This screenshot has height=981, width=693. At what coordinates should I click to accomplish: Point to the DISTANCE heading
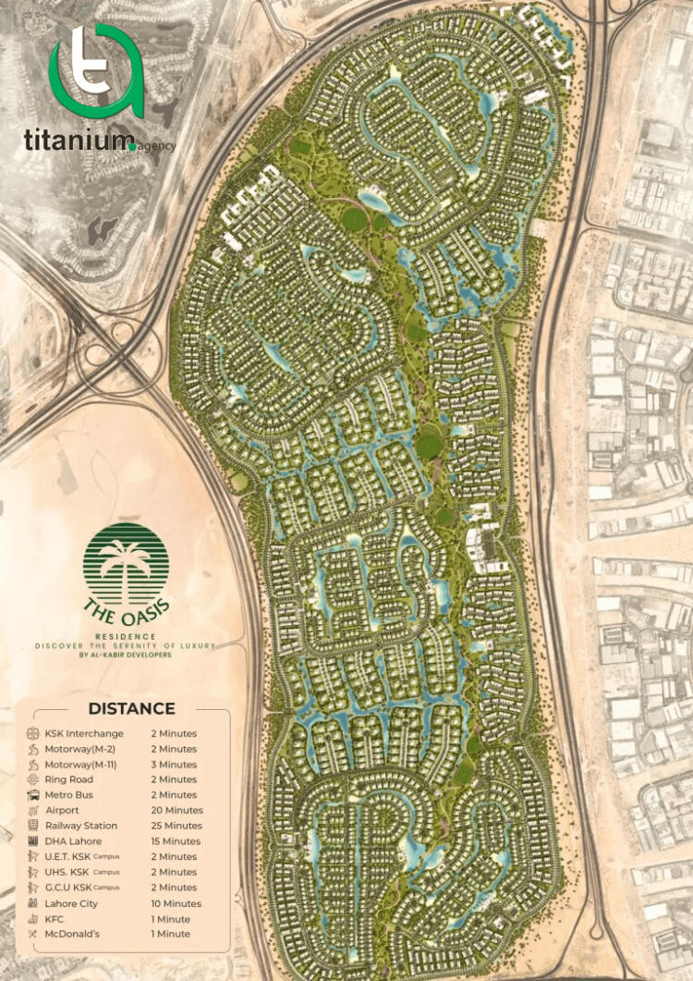point(130,709)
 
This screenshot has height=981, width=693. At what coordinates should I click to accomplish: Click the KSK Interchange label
point(84,734)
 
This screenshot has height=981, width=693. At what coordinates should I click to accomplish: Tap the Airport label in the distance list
point(62,811)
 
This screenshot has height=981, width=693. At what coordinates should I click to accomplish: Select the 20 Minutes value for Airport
point(176,811)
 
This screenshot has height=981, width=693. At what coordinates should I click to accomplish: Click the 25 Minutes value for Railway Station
point(176,826)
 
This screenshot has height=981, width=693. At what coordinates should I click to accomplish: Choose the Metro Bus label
point(69,795)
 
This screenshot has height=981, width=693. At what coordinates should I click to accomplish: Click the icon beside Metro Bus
point(33,795)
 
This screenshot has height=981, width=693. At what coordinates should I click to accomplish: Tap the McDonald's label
point(72,934)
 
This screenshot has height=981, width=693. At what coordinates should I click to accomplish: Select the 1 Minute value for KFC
point(170,919)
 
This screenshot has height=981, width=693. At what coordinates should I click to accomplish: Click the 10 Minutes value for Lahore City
point(176,903)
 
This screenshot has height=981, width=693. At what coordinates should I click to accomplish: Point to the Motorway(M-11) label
point(82,765)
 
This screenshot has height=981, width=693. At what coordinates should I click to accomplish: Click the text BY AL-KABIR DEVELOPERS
point(126,655)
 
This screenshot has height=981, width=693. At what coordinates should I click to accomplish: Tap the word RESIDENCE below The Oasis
point(126,637)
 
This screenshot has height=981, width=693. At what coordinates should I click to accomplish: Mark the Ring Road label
point(68,779)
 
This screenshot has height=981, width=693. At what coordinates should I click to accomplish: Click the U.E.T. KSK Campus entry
point(82,857)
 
